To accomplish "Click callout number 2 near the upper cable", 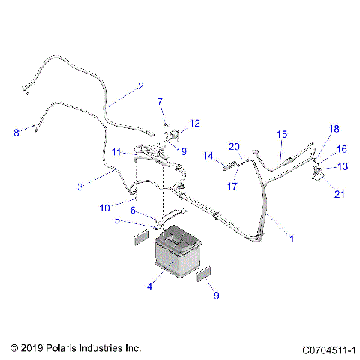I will pos(140,85).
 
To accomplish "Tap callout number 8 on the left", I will pos(16,133).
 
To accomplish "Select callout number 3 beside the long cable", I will pos(80,186).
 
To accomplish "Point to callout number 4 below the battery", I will pos(150,285).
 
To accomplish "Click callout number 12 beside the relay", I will pos(194,122).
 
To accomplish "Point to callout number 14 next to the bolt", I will pos(209,156).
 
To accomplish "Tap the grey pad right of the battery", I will pos(205,271).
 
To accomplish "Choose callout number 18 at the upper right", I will pos(334,129).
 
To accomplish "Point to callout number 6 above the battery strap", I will pos(133,211).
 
